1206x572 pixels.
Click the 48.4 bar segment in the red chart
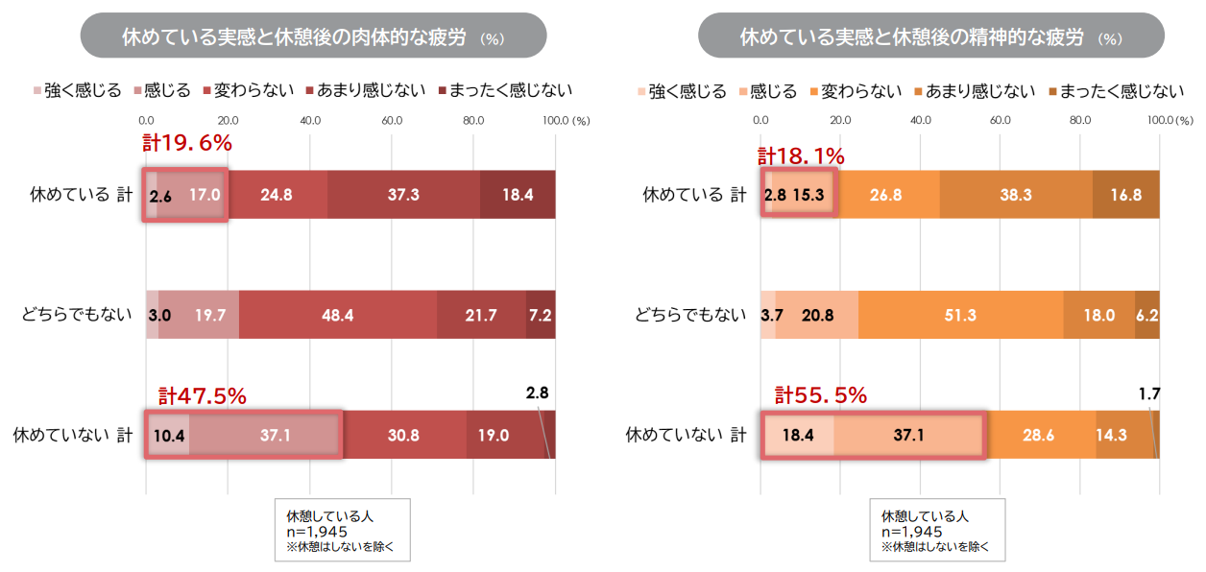tap(338, 314)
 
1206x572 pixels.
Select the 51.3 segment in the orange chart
tap(960, 314)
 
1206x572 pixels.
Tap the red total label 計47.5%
tap(203, 394)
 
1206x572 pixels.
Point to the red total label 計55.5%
tap(821, 394)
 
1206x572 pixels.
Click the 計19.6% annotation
tap(188, 145)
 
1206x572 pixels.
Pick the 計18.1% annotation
tap(801, 155)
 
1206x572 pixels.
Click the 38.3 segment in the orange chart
tap(1015, 195)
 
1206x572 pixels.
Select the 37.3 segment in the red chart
tap(403, 195)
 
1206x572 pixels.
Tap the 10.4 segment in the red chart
tap(168, 435)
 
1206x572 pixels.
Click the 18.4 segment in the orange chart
tap(798, 435)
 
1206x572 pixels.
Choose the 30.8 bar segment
tap(403, 435)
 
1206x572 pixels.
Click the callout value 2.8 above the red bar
tap(537, 392)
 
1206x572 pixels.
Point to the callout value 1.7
tap(1148, 392)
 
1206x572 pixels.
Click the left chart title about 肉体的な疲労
tap(313, 37)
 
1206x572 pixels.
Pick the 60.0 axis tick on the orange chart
tap(1001, 121)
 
